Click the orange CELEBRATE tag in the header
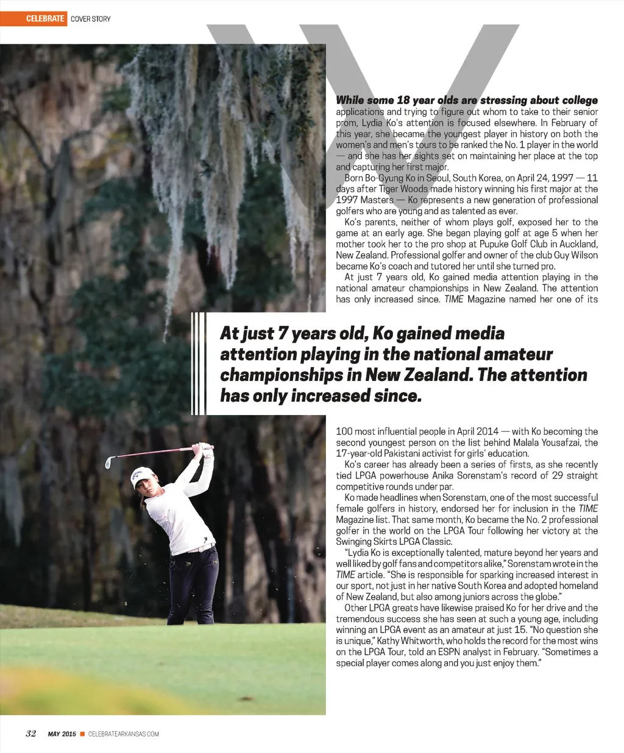(x=44, y=19)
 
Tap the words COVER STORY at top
(x=91, y=19)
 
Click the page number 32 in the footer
(x=30, y=734)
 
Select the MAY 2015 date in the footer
(x=62, y=734)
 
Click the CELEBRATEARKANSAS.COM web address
(x=124, y=734)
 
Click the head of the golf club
(x=108, y=462)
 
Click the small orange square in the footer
(x=82, y=734)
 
